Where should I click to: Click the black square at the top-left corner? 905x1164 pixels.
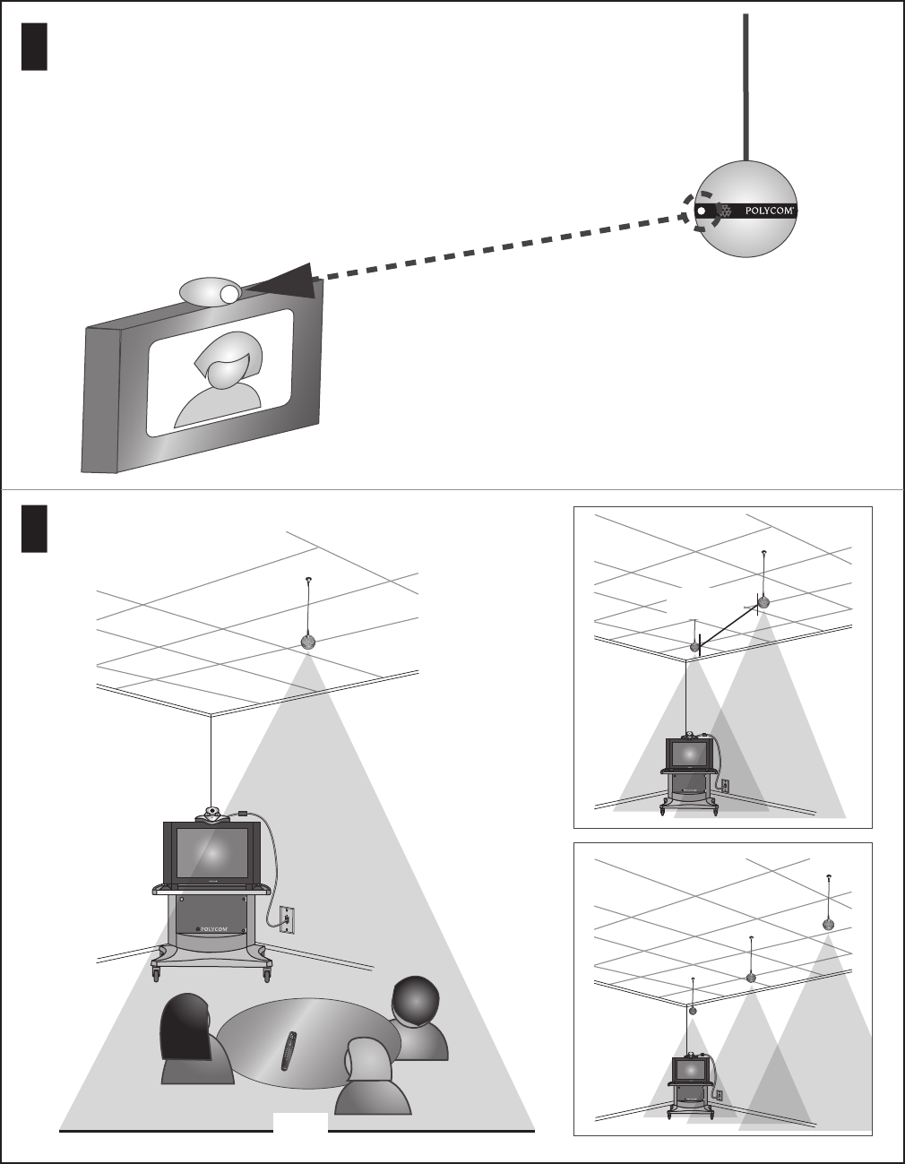click(33, 47)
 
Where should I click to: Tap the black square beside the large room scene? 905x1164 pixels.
click(33, 529)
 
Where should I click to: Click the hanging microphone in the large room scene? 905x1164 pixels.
click(308, 642)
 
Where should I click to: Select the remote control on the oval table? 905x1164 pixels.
click(289, 1050)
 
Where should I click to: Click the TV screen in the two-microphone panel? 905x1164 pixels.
click(689, 754)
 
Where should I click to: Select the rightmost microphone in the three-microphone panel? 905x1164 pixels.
click(829, 924)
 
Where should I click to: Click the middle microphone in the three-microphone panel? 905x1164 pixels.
click(751, 978)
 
